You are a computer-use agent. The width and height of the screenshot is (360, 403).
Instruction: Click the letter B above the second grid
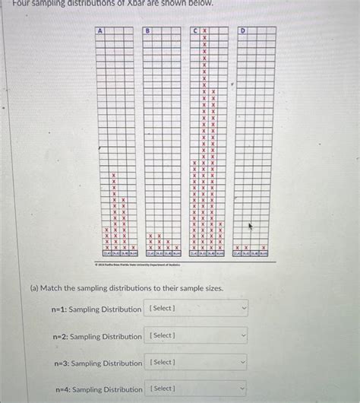tap(147, 30)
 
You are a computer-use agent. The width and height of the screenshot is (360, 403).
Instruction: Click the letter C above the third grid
tap(194, 30)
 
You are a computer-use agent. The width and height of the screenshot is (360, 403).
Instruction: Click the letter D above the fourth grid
tap(242, 30)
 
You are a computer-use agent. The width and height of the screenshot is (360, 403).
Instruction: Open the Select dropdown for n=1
tap(197, 309)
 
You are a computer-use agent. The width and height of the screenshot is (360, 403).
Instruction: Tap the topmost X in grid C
tap(204, 30)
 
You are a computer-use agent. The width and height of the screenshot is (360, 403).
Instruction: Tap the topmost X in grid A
tap(114, 176)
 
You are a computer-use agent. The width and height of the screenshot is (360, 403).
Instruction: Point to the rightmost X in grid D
tap(264, 248)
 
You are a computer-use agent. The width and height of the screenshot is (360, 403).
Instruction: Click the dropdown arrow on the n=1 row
tap(243, 309)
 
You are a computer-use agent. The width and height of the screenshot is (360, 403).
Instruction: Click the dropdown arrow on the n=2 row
tap(243, 335)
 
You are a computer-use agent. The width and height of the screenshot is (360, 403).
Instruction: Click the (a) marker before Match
tap(34, 289)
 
